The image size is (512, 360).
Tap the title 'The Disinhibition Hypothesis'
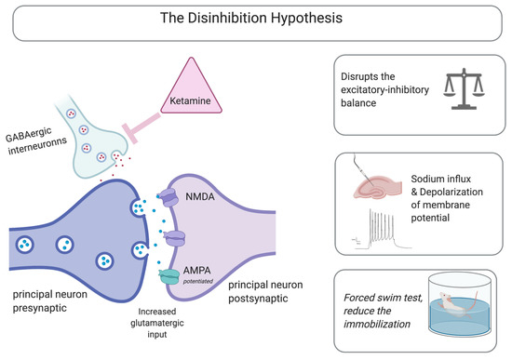coord(251,18)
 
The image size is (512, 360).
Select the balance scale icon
coord(464,88)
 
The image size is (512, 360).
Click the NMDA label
coord(200,196)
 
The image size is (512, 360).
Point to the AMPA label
coord(197,271)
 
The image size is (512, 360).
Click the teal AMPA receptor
coord(168,277)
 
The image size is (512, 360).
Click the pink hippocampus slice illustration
coord(377,187)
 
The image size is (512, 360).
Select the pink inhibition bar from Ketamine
coord(141,128)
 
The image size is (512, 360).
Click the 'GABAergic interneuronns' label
coord(35,141)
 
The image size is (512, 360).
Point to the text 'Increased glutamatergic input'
coord(157,323)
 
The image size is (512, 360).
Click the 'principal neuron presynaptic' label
coord(50,300)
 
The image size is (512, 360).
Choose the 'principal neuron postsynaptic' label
coord(265,291)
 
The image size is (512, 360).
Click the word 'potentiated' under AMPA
coord(198,281)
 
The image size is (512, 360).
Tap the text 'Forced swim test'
coord(383,298)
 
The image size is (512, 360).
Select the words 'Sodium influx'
coord(441,179)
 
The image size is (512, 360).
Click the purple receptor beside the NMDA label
coord(169,197)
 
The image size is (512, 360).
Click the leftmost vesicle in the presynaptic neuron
coord(25,244)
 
